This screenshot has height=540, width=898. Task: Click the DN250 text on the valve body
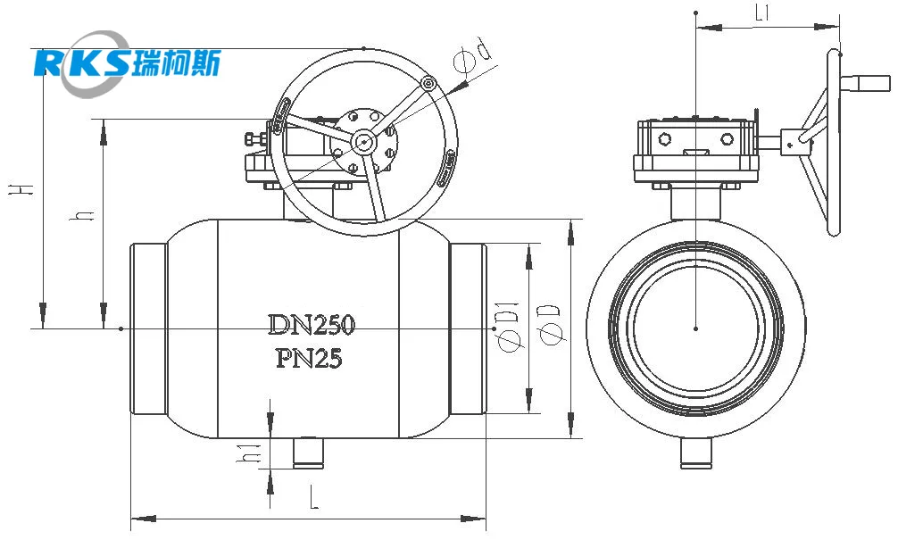point(312,325)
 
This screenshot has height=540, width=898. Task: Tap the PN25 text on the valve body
point(309,359)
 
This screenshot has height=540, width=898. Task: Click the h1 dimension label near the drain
point(250,453)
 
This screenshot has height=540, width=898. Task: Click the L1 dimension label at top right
point(762,14)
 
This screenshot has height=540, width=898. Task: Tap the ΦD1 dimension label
point(507,327)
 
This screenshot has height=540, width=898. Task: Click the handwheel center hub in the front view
point(362,141)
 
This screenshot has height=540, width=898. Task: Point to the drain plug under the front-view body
point(309,453)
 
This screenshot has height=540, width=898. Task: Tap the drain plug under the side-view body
point(696,453)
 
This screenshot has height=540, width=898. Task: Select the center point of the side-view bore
point(696,328)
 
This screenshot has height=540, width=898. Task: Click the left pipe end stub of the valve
point(149,328)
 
